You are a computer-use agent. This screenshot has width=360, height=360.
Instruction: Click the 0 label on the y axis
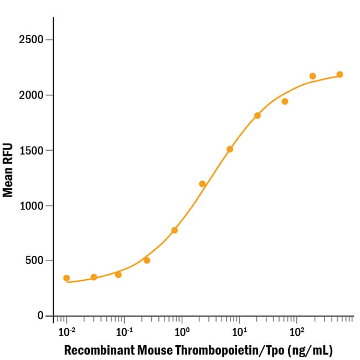tap(41, 316)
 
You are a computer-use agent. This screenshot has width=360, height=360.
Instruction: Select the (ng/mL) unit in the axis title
tap(304, 351)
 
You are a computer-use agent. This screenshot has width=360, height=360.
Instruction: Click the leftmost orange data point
tap(66, 278)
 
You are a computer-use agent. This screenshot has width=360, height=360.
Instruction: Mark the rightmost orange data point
tap(340, 74)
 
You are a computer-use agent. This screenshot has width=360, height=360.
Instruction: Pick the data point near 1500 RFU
tap(230, 149)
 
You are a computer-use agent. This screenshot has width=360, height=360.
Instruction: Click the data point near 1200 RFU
tap(202, 184)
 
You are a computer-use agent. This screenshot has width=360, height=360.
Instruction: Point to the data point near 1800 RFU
tap(258, 115)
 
